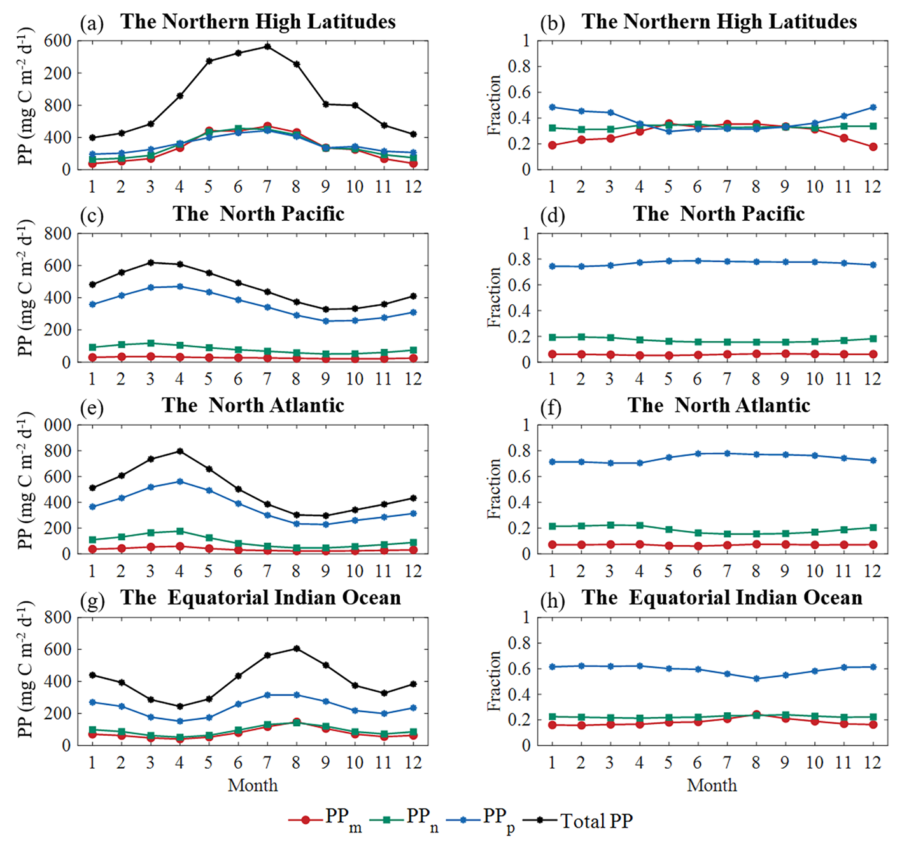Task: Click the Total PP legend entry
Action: coord(596,821)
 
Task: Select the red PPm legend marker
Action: coord(306,820)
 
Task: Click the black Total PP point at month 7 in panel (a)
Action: coord(267,46)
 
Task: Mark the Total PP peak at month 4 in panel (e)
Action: coord(180,451)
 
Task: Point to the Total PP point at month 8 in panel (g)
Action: coord(297,649)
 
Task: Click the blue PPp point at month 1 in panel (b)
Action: coord(552,107)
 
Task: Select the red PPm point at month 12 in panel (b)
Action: coord(873,146)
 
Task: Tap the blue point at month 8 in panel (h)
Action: coord(756,678)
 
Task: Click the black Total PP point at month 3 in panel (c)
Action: coord(150,262)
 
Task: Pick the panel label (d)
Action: coord(552,215)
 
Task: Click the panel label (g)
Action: coord(92,600)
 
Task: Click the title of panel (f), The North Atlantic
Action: coord(719,405)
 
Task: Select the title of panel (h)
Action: coord(722,598)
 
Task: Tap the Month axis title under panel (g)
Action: coord(253,785)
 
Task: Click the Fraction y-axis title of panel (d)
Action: coord(495,297)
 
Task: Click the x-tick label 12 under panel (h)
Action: coord(872,762)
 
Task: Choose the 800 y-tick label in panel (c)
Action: coord(57,233)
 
